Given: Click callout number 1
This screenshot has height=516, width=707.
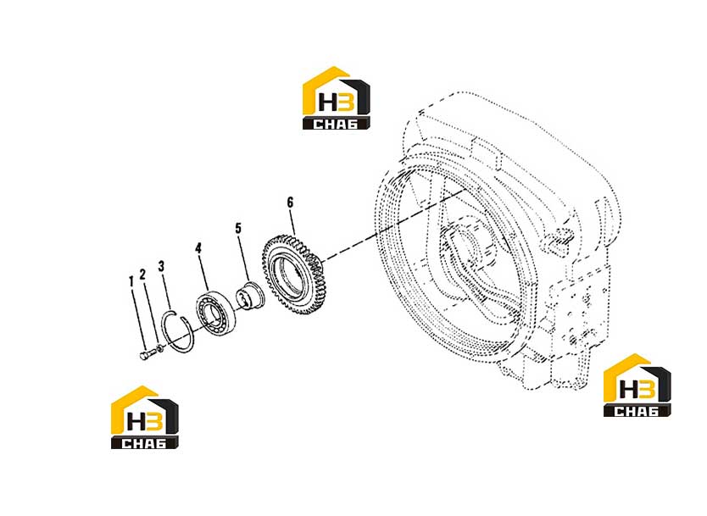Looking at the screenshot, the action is pos(131,281).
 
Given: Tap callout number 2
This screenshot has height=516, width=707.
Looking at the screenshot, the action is pos(143,274).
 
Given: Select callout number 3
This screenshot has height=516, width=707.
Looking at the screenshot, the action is pos(161,266).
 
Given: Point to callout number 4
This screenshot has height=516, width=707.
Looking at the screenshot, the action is pos(198,248).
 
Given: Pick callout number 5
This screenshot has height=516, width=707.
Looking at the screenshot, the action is pos(238,228).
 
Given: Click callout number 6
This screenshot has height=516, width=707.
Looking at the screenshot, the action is pos(290,203).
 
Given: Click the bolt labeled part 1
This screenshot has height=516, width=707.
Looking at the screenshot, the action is pos(147,355).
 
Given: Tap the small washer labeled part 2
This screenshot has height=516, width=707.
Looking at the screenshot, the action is pos(159,348).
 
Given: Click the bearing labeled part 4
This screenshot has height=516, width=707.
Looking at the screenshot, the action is pos(215,313).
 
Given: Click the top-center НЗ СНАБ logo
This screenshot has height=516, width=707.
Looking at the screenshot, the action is pos(337,98).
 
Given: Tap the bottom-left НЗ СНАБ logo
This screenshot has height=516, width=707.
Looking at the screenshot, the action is pos(145,417).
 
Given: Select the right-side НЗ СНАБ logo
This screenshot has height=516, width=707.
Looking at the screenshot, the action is pos(637,385).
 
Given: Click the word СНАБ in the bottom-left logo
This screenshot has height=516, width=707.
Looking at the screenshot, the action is pos(145,443).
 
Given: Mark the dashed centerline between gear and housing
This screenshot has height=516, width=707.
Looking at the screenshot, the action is pos(394,225).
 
